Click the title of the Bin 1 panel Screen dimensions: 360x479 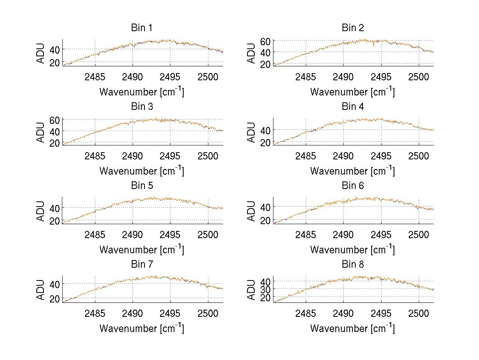pyautogui.click(x=142, y=28)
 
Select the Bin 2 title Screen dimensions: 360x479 pyautogui.click(x=353, y=28)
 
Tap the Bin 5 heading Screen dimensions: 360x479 pyautogui.click(x=142, y=186)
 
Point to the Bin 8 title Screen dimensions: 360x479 pyautogui.click(x=353, y=265)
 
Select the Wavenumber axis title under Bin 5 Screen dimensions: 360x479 pyautogui.click(x=142, y=249)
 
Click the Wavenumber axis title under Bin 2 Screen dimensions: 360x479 pyautogui.click(x=353, y=92)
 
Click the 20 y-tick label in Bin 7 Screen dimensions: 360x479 pyautogui.click(x=55, y=298)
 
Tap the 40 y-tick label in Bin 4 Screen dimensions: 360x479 pyautogui.click(x=266, y=130)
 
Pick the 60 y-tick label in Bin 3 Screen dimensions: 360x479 pyautogui.click(x=55, y=120)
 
